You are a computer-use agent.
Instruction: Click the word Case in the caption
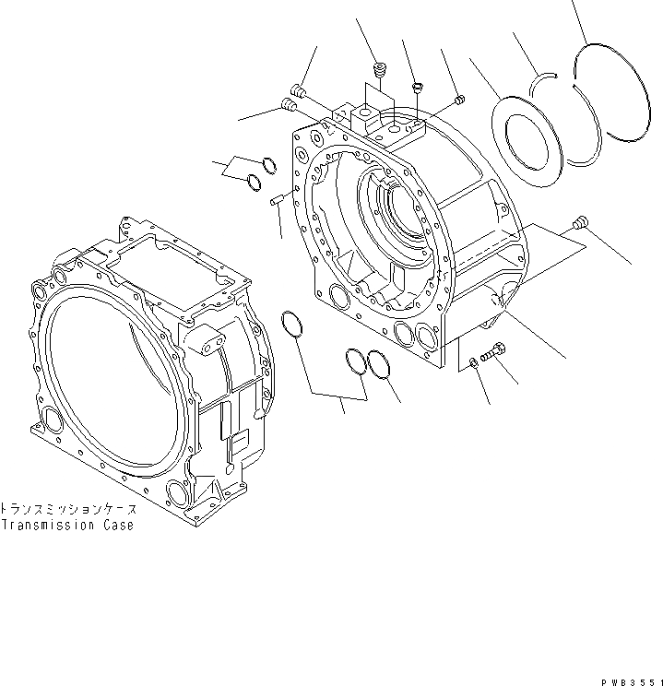point(117,526)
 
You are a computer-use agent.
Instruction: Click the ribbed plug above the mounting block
point(378,70)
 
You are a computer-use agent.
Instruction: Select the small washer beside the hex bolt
point(472,361)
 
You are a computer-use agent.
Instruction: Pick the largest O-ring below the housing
point(292,324)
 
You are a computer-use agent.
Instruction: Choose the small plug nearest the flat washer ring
point(460,100)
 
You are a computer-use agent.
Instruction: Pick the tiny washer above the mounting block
point(416,88)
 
